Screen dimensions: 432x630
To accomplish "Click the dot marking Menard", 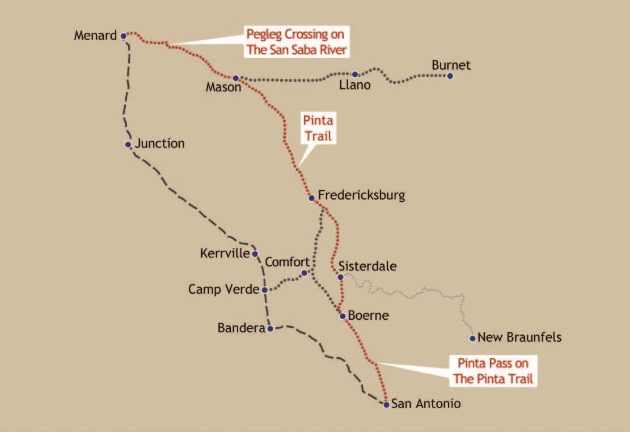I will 124,36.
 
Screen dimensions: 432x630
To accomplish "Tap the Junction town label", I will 159,144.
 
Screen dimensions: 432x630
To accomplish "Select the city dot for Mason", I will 235,78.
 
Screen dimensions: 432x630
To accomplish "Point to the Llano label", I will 354,86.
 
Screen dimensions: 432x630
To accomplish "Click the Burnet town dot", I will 450,75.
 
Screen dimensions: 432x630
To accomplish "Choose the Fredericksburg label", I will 361,196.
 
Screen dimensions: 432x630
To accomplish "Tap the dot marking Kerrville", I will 255,253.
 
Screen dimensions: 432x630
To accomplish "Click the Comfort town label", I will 287,262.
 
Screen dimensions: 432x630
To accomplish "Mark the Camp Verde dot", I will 265,290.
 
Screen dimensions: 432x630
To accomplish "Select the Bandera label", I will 241,328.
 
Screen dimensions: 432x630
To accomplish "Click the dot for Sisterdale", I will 340,277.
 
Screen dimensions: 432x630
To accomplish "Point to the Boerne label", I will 369,316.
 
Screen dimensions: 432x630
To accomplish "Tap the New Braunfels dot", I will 472,338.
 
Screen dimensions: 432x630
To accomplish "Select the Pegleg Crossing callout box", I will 296,41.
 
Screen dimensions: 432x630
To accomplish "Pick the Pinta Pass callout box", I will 493,371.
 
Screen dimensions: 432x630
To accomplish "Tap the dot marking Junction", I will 128,144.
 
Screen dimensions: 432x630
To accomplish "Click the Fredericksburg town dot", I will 311,198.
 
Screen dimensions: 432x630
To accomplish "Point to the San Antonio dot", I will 386,404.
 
